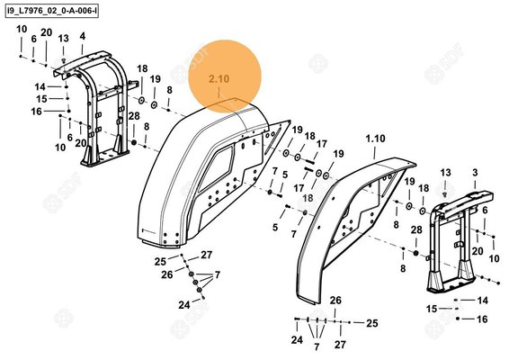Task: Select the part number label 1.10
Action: tap(375, 139)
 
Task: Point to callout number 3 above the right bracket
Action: tap(474, 172)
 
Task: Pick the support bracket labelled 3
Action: tap(455, 238)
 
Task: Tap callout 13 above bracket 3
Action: tap(445, 172)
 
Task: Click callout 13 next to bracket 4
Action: tap(63, 39)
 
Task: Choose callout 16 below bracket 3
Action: tap(482, 319)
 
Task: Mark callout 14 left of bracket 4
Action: tap(40, 85)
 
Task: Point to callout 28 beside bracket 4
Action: tap(133, 116)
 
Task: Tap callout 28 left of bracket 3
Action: tap(415, 230)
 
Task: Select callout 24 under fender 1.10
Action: tap(297, 341)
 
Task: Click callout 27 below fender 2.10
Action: tap(206, 255)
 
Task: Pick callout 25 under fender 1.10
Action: tap(371, 322)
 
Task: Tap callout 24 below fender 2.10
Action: tap(183, 305)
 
